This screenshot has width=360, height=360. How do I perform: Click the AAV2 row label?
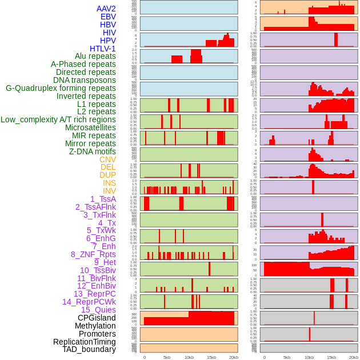pyautogui.click(x=106, y=9)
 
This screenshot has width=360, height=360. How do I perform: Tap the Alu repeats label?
pyautogui.click(x=95, y=56)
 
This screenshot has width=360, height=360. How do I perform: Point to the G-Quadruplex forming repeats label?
pyautogui.click(x=61, y=88)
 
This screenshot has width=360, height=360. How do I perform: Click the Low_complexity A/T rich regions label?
pyautogui.click(x=58, y=119)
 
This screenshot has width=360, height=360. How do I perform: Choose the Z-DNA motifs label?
pyautogui.click(x=92, y=151)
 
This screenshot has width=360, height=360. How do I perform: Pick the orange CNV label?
pyautogui.click(x=107, y=159)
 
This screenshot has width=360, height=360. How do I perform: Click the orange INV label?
pyautogui.click(x=109, y=191)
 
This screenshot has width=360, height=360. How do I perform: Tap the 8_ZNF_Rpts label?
pyautogui.click(x=93, y=254)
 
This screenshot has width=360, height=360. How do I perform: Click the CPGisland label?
pyautogui.click(x=97, y=318)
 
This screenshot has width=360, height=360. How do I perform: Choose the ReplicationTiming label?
pyautogui.click(x=84, y=342)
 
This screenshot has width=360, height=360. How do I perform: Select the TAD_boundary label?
pyautogui.click(x=89, y=349)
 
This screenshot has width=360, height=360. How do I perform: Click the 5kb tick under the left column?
pyautogui.click(x=167, y=357)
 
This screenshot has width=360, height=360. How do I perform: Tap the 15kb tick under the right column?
pyautogui.click(x=331, y=357)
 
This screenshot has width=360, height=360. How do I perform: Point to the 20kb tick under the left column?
pyautogui.click(x=233, y=357)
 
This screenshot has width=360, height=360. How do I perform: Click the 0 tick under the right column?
pyautogui.click(x=265, y=357)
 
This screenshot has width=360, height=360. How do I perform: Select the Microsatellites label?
pyautogui.click(x=90, y=127)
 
